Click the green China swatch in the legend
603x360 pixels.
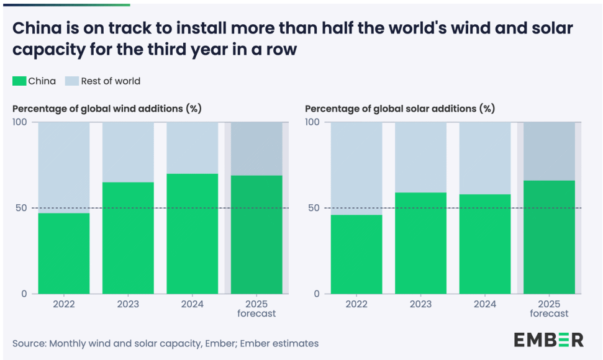coord(19,81)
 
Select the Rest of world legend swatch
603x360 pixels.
coord(72,81)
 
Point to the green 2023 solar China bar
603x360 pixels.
coord(420,243)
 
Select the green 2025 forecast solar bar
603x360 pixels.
coord(549,236)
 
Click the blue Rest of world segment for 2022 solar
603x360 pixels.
coord(356,168)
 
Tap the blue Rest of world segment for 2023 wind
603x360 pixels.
coord(128,152)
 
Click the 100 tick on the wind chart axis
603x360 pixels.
coord(20,122)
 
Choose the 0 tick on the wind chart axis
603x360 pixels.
coord(24,294)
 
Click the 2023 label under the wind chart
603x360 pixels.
coord(128,304)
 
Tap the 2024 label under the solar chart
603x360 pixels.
coord(485,304)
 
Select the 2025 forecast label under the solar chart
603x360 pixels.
coord(549,308)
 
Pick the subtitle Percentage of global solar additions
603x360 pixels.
coord(400,109)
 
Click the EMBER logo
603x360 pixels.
coord(548,340)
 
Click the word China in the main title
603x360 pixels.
coord(39,29)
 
